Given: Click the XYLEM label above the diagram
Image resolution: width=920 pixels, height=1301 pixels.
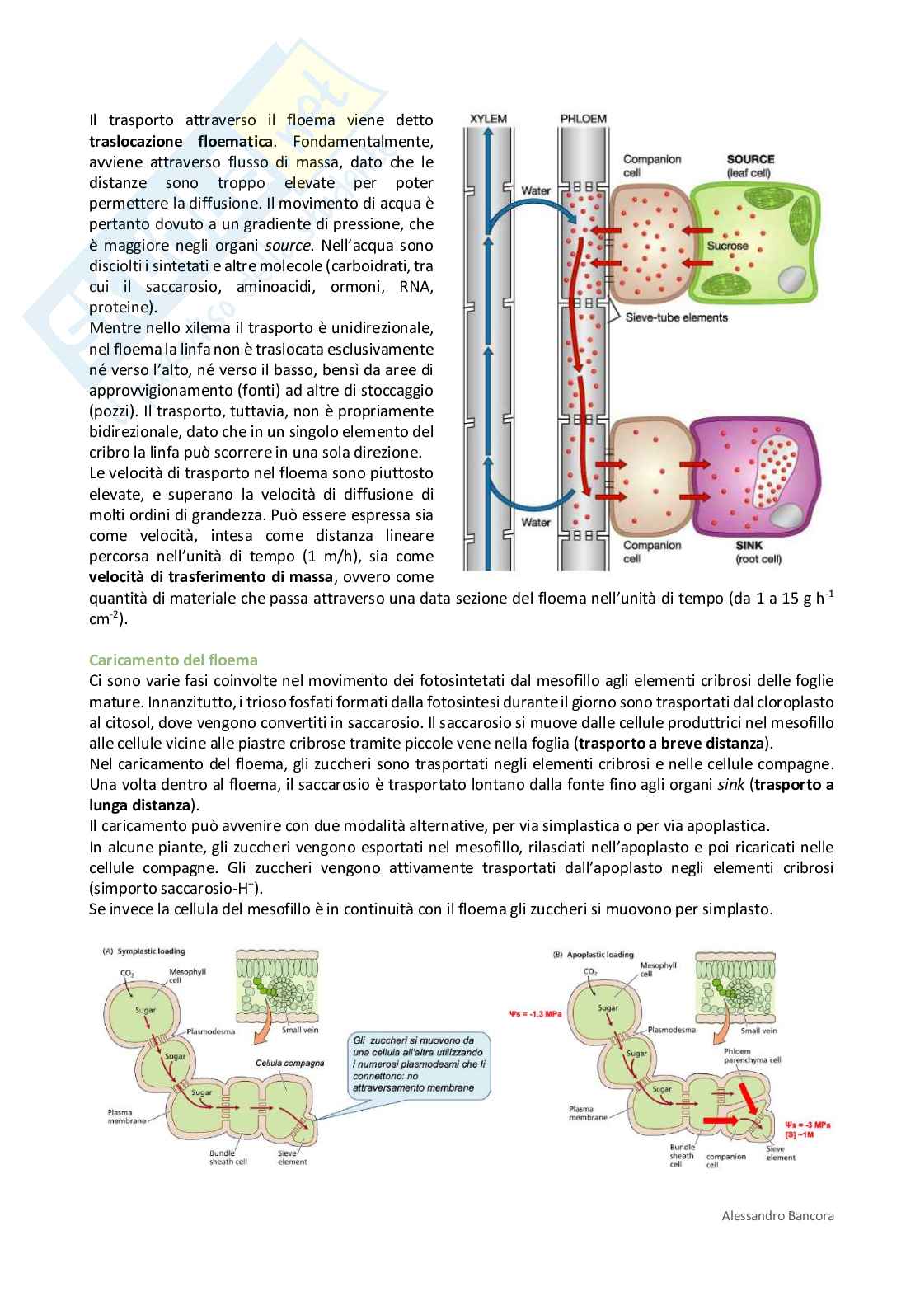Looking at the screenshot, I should click(488, 119).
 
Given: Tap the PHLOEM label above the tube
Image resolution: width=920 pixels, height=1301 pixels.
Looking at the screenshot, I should click(583, 119).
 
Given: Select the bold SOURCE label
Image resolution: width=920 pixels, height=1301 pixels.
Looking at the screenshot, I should click(750, 159).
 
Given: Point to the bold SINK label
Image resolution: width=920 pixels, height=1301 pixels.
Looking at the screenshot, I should click(749, 545).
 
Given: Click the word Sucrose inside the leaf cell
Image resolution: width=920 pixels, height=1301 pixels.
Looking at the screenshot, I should click(727, 246).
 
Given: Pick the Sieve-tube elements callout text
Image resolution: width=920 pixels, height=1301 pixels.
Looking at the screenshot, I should click(676, 317).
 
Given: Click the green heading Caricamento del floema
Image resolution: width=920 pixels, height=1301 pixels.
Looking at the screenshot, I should click(173, 660).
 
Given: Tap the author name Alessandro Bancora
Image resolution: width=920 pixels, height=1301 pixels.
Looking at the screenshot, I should click(777, 1215).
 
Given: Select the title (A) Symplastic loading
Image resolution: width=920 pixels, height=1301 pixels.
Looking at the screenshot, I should click(143, 951).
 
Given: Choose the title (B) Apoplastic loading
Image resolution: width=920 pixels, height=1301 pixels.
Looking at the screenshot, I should click(593, 955).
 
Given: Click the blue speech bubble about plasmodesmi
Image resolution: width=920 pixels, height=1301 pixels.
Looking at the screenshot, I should click(419, 1064).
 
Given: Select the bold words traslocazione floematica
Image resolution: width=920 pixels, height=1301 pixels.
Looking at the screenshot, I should click(181, 141).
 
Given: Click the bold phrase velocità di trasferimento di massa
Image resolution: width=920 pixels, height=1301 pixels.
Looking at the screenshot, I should click(211, 577).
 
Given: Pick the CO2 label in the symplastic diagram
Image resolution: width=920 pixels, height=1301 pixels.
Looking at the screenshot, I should click(127, 973).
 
